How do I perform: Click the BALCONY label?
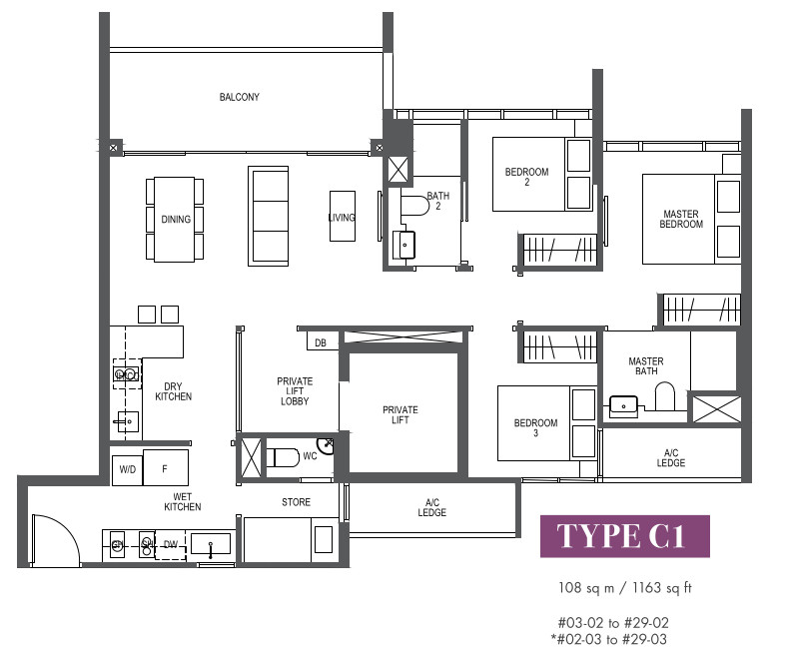pos(239,97)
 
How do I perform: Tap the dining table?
pos(175,220)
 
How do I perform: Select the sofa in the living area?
pos(268,216)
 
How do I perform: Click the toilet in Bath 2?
pos(414,206)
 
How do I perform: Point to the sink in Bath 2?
pos(403,245)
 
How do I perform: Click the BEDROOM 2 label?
pos(526,177)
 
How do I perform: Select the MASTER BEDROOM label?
pos(681,219)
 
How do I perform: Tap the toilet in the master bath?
pos(665,396)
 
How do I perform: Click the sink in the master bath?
pos(623,405)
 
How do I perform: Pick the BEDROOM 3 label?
pos(535,427)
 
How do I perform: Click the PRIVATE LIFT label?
pos(400,414)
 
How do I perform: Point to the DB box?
pos(321,342)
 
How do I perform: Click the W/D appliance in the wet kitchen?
pos(127,470)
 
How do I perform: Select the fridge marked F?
pos(166,467)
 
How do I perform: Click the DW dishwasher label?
pos(171,544)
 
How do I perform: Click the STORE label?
pos(296,502)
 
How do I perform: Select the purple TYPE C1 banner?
pos(625,536)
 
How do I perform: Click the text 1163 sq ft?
pos(661,587)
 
